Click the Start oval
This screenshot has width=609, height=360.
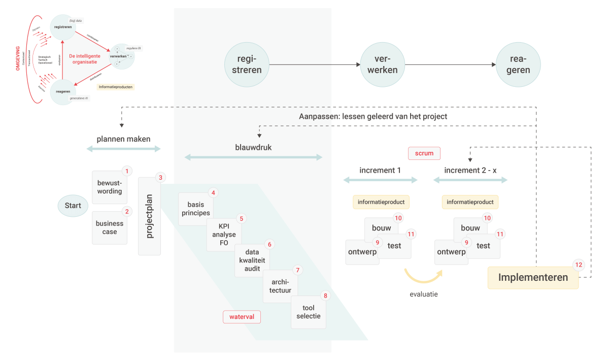(x=73, y=206)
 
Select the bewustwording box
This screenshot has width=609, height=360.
(x=110, y=187)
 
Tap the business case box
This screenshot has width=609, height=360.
(x=110, y=228)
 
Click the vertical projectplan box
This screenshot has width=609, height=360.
(x=150, y=216)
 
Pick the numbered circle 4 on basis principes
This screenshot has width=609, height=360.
(x=213, y=193)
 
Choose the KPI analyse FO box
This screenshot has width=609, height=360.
(x=224, y=235)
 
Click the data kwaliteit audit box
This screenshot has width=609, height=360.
(x=252, y=260)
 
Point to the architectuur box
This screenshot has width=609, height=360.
(x=280, y=286)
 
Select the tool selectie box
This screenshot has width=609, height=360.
(x=309, y=312)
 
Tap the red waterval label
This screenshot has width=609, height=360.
(x=242, y=317)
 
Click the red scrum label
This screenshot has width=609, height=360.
(x=424, y=153)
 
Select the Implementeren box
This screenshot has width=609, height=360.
(x=533, y=278)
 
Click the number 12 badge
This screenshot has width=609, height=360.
(x=579, y=265)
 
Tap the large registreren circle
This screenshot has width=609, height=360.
(x=247, y=64)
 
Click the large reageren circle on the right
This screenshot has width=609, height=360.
(x=518, y=64)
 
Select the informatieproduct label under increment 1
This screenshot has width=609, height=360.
(x=381, y=202)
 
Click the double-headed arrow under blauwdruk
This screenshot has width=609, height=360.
(x=253, y=157)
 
